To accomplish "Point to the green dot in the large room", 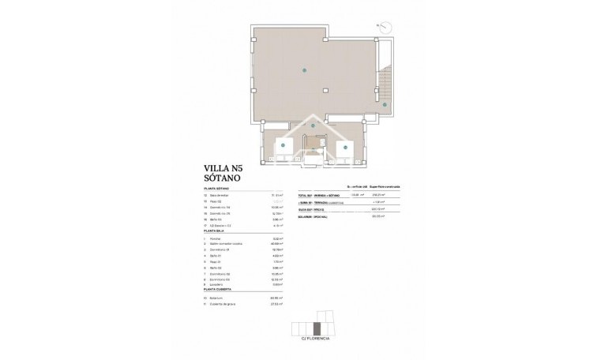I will (304, 71).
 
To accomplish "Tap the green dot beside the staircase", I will (385, 104).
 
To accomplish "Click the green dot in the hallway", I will (314, 126).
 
